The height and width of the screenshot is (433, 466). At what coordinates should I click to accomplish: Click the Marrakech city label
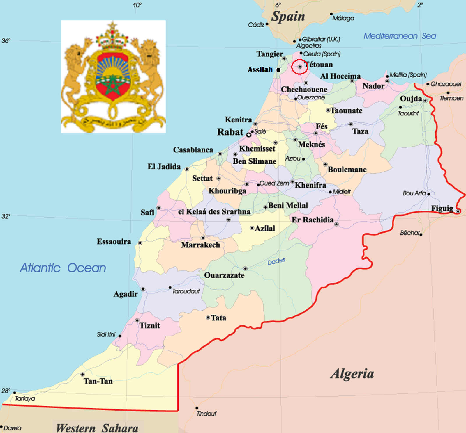[x=200, y=245]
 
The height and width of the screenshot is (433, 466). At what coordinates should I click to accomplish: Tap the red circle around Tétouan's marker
[x=299, y=67]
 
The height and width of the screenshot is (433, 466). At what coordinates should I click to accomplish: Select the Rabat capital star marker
[x=249, y=135]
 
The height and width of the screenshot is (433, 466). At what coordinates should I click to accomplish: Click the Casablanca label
[x=193, y=150]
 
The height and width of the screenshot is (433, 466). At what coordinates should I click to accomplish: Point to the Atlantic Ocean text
[x=63, y=268]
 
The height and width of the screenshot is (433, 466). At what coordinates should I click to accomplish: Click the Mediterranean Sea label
[x=400, y=36]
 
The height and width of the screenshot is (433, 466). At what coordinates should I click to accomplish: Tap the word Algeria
[x=352, y=374]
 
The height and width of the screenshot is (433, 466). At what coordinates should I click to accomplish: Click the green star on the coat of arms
[x=112, y=84]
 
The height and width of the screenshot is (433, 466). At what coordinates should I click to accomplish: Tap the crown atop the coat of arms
[x=112, y=38]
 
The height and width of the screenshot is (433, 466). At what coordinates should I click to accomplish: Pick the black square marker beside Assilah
[x=278, y=70]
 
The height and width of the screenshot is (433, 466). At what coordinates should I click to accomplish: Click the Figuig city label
[x=442, y=209]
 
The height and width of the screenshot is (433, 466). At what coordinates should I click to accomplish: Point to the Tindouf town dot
[x=197, y=408]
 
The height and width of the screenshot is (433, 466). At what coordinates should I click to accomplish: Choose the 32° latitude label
[x=6, y=216]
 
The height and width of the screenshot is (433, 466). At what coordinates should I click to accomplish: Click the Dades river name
[x=276, y=261]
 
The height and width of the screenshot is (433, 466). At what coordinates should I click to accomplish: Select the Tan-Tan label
[x=98, y=381]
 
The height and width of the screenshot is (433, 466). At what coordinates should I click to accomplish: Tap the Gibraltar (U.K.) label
[x=321, y=39]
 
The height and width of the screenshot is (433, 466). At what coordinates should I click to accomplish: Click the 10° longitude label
[x=137, y=5]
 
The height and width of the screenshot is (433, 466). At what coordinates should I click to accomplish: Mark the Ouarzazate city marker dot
[x=245, y=268]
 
